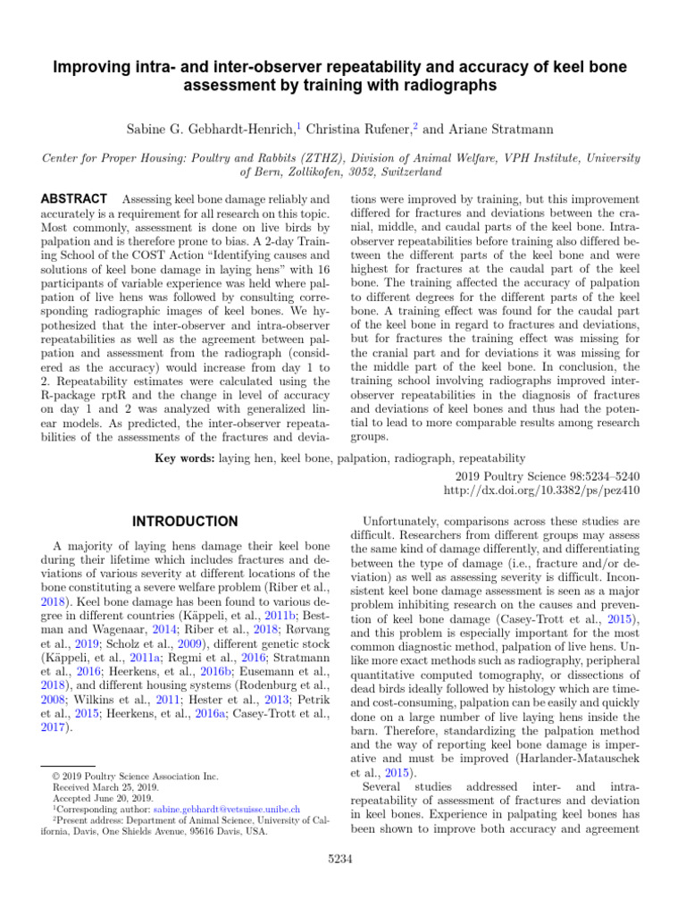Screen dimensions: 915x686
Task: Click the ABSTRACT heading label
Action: pos(76,197)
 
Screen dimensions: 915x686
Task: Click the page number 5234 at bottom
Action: pos(343,859)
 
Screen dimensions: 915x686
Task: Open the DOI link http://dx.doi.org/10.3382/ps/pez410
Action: pos(542,491)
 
